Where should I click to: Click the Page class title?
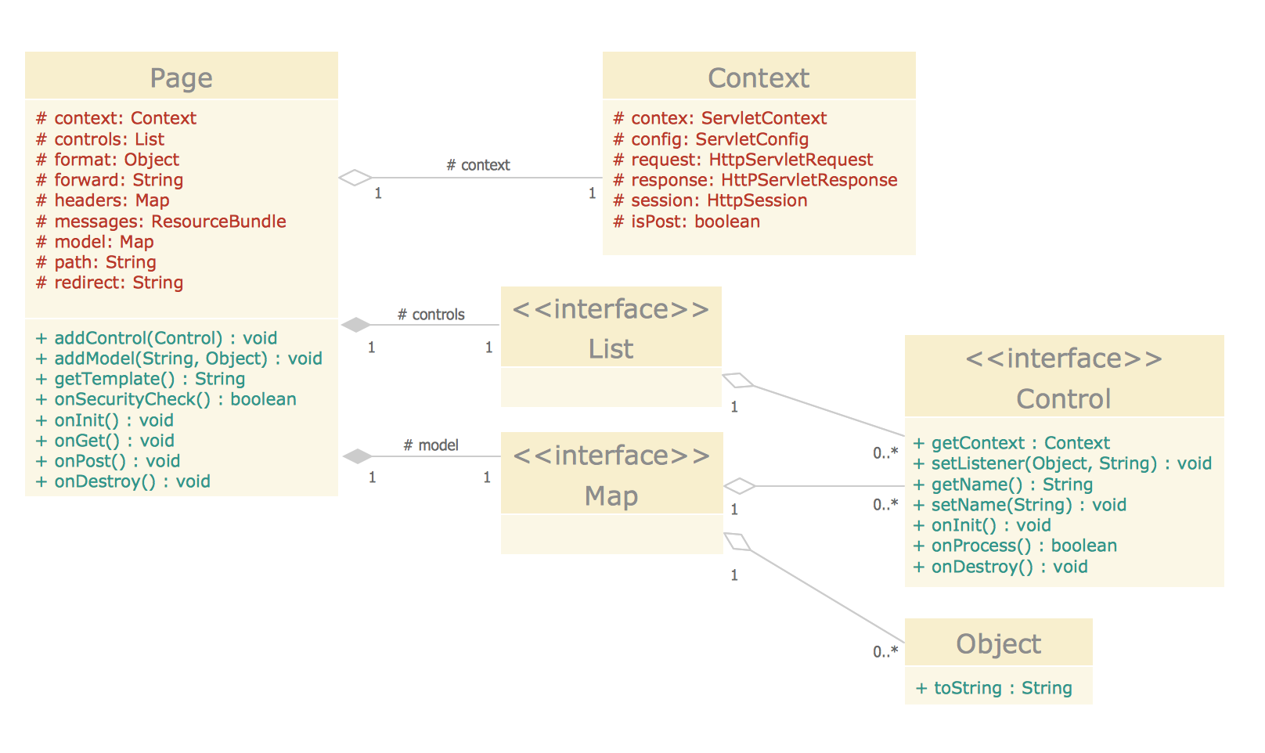pyautogui.click(x=181, y=78)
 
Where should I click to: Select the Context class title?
pyautogui.click(x=758, y=78)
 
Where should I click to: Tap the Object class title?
pyautogui.click(x=998, y=644)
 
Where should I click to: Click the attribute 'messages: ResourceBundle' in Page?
pyautogui.click(x=161, y=222)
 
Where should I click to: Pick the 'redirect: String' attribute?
pyautogui.click(x=110, y=283)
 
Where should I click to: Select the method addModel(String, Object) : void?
pyautogui.click(x=178, y=358)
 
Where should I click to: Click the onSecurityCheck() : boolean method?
pyautogui.click(x=166, y=399)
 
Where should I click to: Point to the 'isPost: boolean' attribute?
pyautogui.click(x=687, y=222)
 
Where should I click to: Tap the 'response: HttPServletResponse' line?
pyautogui.click(x=755, y=180)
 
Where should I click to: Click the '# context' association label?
pyautogui.click(x=478, y=165)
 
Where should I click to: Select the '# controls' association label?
pyautogui.click(x=431, y=315)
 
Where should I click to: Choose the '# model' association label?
pyautogui.click(x=431, y=445)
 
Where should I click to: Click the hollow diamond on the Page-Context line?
pyautogui.click(x=355, y=178)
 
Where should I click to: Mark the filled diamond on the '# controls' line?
pyautogui.click(x=356, y=325)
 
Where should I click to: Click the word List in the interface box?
pyautogui.click(x=611, y=349)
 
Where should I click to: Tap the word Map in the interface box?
pyautogui.click(x=611, y=496)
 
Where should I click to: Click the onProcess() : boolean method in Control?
pyautogui.click(x=1015, y=546)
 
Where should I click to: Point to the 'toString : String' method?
pyautogui.click(x=993, y=688)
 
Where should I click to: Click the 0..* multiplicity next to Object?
pyautogui.click(x=885, y=651)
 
